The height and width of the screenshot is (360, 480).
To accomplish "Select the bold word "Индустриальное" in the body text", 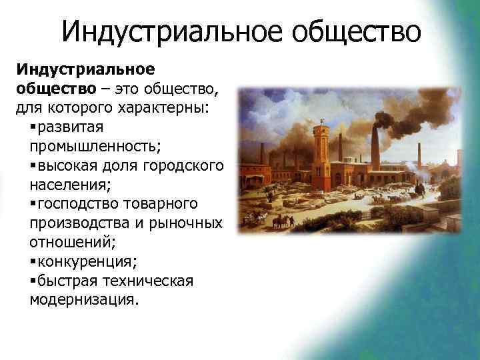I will coord(85,69).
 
